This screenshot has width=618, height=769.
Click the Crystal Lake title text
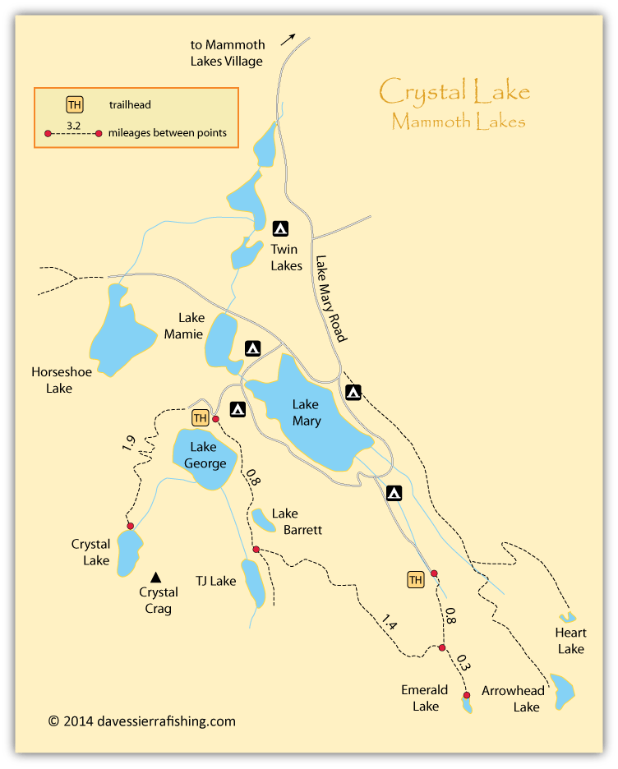pyautogui.click(x=454, y=91)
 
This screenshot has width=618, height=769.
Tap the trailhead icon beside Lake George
pyautogui.click(x=200, y=418)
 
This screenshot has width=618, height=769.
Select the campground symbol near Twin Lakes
pyautogui.click(x=279, y=229)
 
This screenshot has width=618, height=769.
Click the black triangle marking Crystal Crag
pyautogui.click(x=155, y=578)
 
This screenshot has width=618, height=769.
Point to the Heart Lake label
pyautogui.click(x=570, y=641)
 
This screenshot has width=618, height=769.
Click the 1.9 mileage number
pyautogui.click(x=128, y=444)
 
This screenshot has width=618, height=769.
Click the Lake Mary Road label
pyautogui.click(x=331, y=297)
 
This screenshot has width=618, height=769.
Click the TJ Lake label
pyautogui.click(x=217, y=581)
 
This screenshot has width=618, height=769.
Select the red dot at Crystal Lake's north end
pyautogui.click(x=130, y=526)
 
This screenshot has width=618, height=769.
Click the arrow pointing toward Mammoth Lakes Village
pyautogui.click(x=287, y=39)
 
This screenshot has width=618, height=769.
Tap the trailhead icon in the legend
pyautogui.click(x=75, y=104)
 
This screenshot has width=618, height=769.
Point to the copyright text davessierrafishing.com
pyautogui.click(x=142, y=721)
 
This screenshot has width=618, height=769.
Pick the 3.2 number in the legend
pyautogui.click(x=72, y=125)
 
